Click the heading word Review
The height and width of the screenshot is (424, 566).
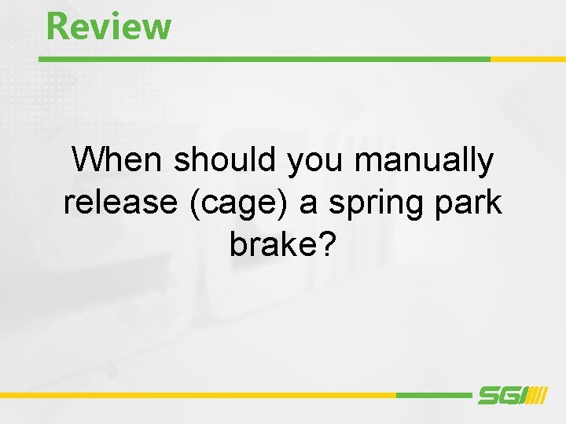(x=108, y=26)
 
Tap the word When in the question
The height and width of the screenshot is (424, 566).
(x=119, y=161)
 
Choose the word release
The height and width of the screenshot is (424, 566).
(x=121, y=203)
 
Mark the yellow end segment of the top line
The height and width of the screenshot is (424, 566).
(x=527, y=59)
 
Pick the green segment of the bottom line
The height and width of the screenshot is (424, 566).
(x=433, y=395)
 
